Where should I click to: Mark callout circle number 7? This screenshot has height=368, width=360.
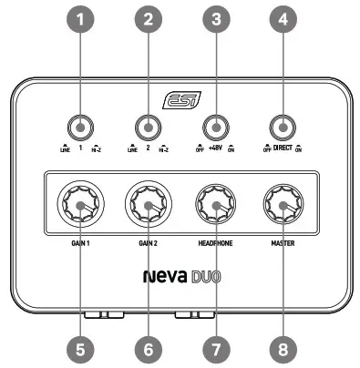coord(215,348)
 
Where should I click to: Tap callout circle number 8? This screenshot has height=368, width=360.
coord(283,348)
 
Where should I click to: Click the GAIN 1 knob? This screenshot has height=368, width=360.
coord(79,207)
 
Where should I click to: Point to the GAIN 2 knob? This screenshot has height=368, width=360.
coord(147,207)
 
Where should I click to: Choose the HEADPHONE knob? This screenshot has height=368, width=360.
coord(215,207)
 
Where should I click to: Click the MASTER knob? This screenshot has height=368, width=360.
coord(283,207)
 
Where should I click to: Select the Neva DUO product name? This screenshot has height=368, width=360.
coord(180,274)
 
